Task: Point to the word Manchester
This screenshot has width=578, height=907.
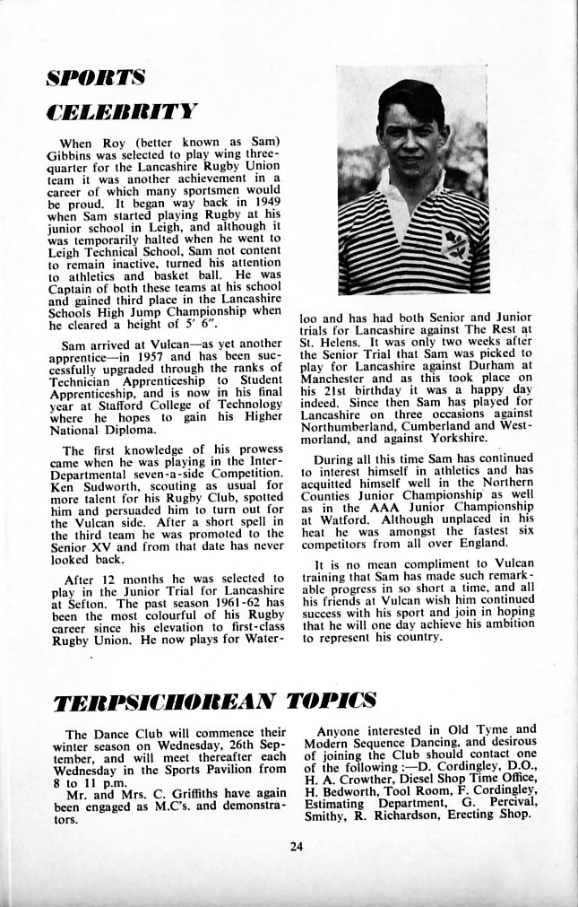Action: pos(339,380)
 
